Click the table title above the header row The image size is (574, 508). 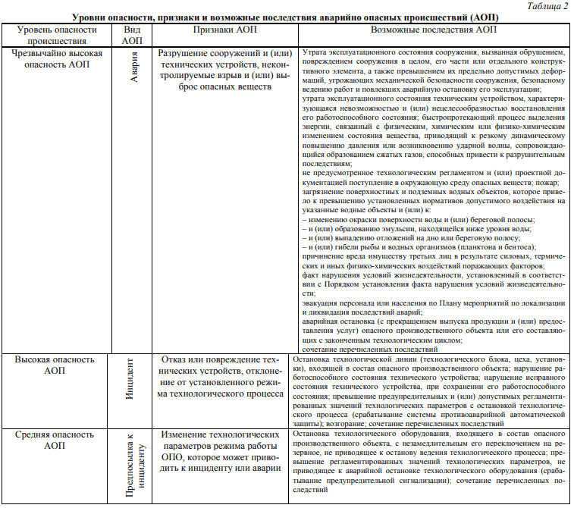click(286, 16)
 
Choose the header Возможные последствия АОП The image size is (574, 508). click(432, 29)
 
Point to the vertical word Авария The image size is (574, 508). click(133, 66)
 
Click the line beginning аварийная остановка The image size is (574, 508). click(433, 321)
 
